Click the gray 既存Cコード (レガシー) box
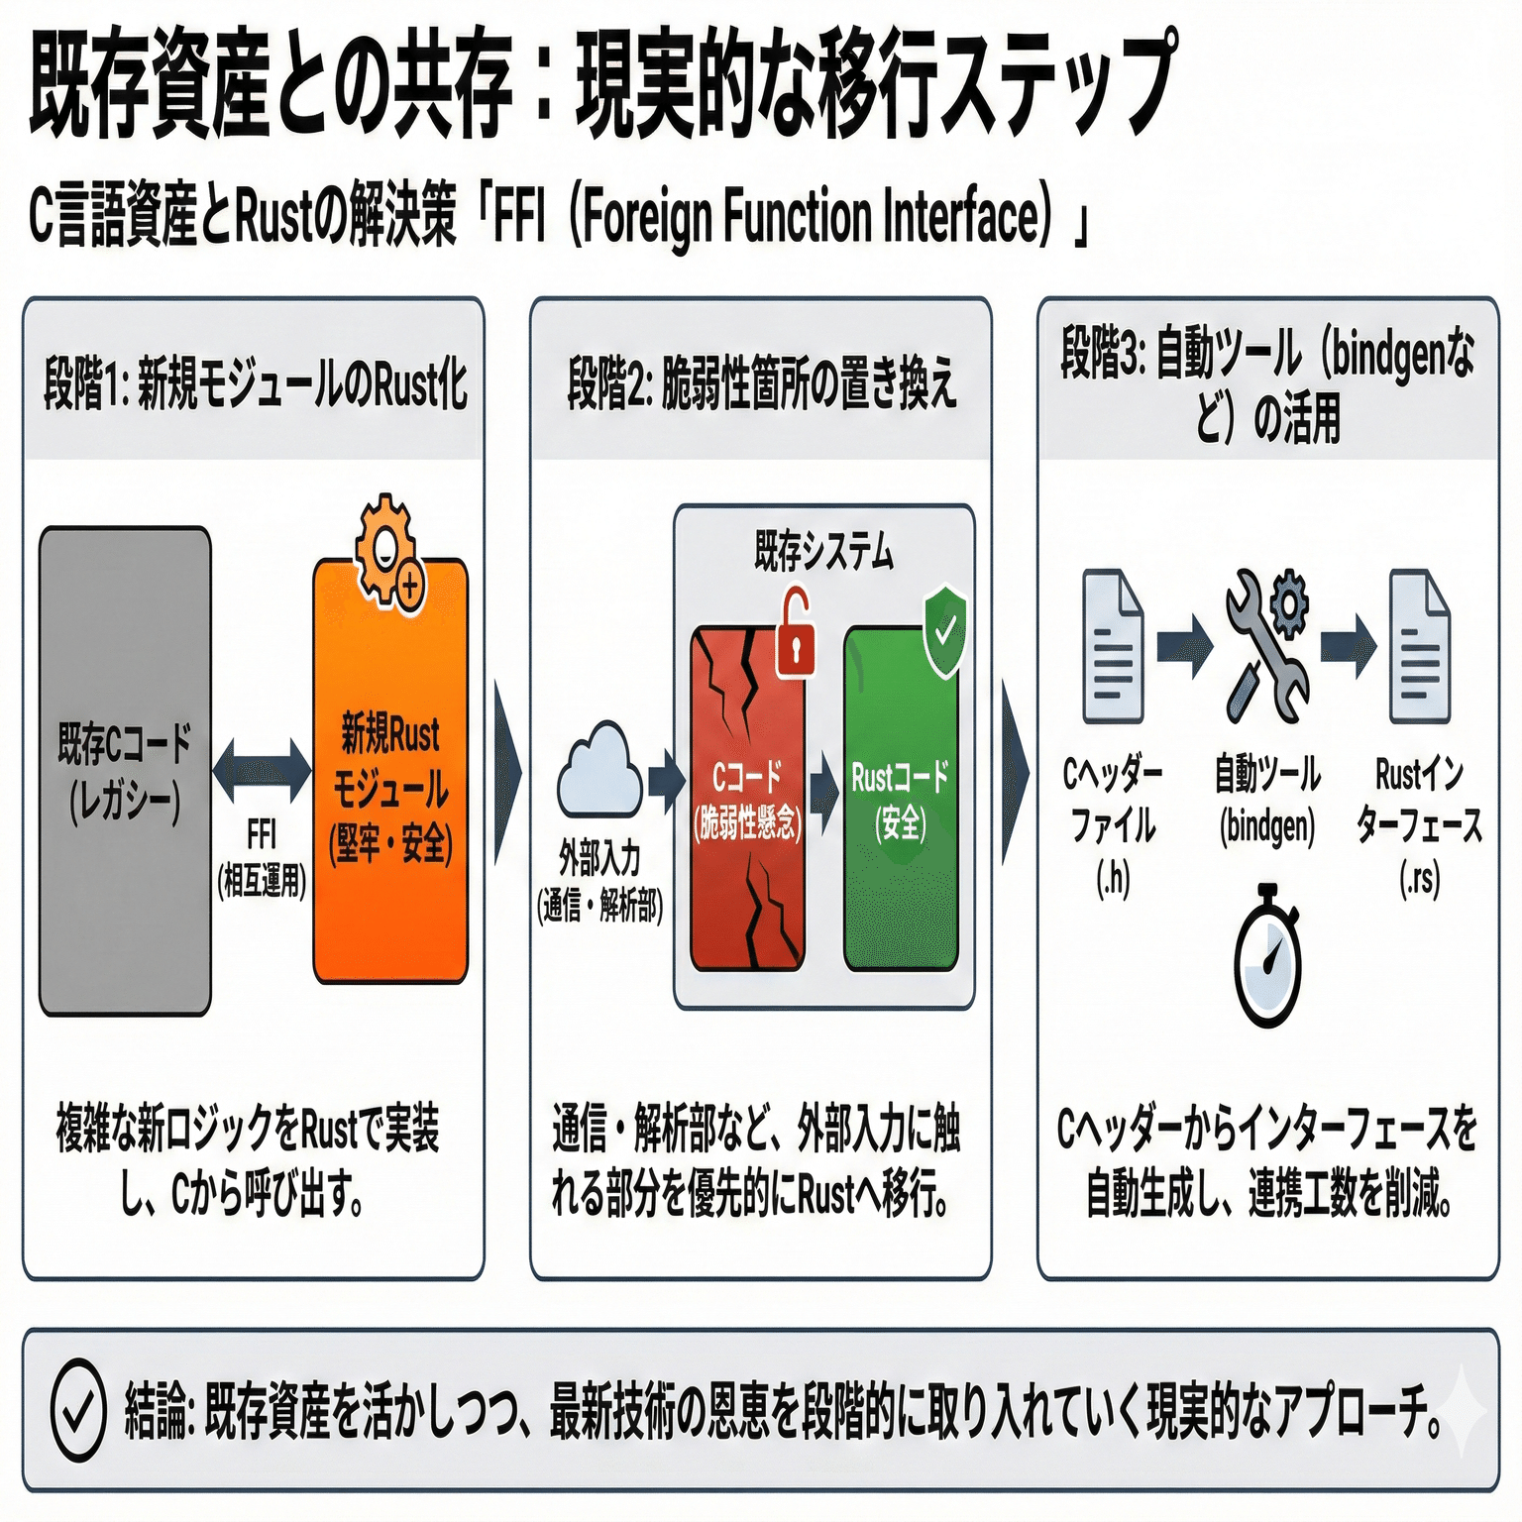pos(125,771)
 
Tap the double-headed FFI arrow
pos(262,770)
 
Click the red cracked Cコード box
pos(747,799)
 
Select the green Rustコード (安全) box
pos(901,799)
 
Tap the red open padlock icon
pos(796,633)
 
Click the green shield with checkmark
pos(944,631)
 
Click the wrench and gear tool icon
pos(1267,645)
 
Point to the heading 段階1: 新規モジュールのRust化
pos(256,384)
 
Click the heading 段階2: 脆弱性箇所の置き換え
pos(762,384)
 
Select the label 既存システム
pos(823,551)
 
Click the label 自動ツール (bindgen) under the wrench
pos(1267,799)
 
